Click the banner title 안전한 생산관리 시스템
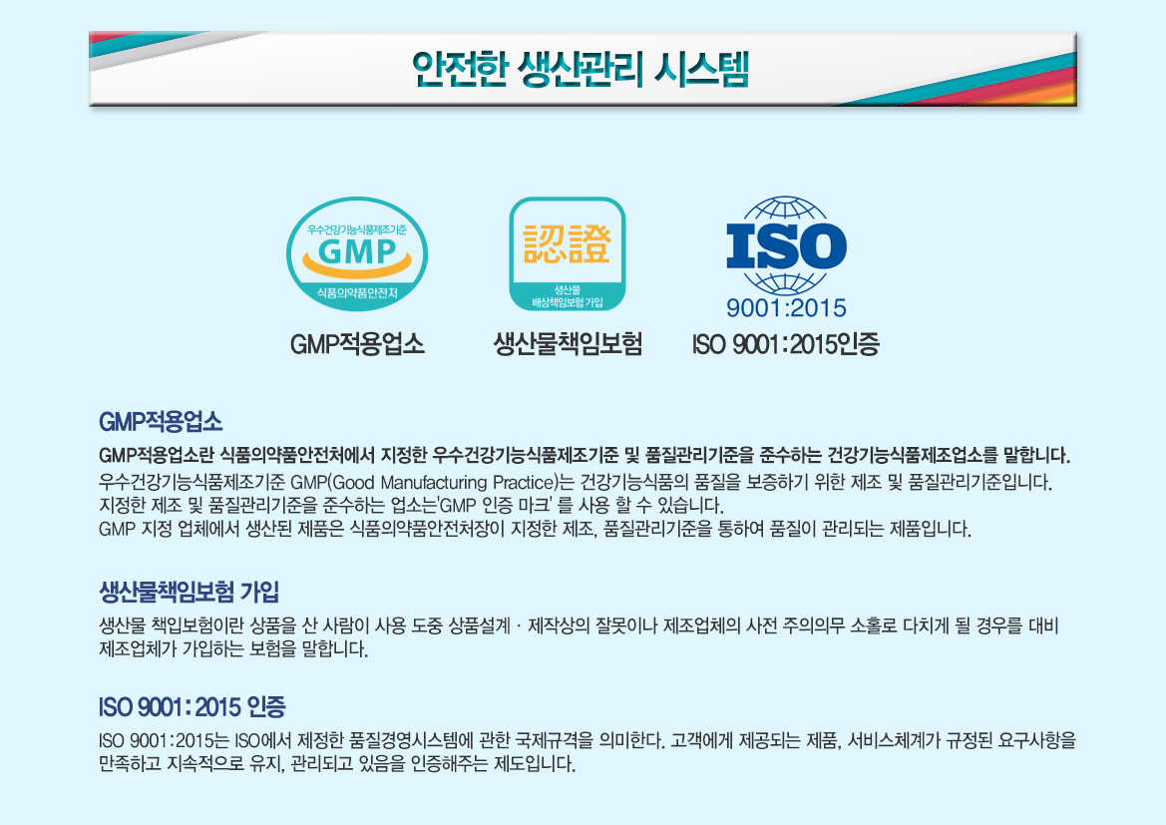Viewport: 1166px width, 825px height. [x=581, y=69]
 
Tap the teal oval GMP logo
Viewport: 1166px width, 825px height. [x=357, y=253]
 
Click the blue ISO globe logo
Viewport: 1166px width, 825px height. [x=786, y=246]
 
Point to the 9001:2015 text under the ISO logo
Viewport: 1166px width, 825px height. [x=786, y=308]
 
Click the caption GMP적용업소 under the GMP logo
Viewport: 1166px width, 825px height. [x=357, y=344]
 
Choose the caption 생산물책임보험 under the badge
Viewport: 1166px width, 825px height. [x=568, y=344]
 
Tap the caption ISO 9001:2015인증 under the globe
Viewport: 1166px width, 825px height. [x=786, y=344]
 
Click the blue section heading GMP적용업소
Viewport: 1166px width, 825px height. [x=161, y=422]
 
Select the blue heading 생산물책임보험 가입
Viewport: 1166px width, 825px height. [x=189, y=593]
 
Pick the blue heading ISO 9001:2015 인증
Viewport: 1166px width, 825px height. [x=192, y=706]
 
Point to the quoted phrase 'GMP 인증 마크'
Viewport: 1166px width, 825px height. [x=496, y=507]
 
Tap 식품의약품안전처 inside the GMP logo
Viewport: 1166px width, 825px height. [x=357, y=293]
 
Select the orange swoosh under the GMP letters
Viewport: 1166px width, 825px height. [x=357, y=265]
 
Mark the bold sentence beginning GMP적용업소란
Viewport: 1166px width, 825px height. [x=584, y=455]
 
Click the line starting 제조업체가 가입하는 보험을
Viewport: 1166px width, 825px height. [x=233, y=649]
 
